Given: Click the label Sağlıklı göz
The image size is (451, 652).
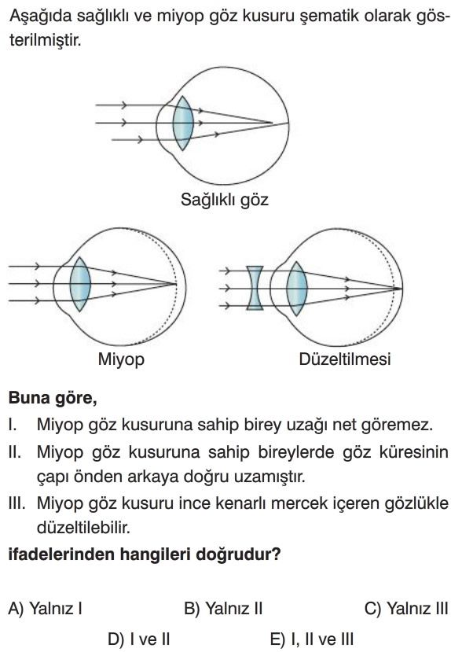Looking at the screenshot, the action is [224, 200].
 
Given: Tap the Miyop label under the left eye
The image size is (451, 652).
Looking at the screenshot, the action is [121, 359].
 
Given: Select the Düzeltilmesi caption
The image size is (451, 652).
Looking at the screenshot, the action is [345, 359].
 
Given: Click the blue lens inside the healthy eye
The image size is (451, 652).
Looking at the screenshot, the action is [183, 123].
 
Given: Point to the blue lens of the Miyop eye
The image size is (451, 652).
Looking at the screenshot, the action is [80, 284].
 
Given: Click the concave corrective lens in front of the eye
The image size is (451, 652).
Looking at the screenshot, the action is [255, 288].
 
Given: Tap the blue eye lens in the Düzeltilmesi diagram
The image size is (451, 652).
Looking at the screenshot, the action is [297, 288].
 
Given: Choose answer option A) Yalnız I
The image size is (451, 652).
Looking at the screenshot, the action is [45, 609].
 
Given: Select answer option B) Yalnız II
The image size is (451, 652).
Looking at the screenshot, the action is [223, 609].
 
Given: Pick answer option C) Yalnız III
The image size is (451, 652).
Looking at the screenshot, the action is [405, 609].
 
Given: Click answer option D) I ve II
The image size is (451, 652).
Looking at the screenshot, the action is [139, 639].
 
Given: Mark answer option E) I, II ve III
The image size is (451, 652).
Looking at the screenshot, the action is [312, 639].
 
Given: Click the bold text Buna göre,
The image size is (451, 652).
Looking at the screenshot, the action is [53, 398].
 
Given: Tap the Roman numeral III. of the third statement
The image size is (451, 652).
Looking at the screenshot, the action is [17, 503].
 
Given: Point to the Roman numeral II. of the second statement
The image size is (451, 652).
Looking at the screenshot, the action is [14, 452].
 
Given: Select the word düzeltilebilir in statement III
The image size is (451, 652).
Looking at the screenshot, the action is [83, 528].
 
